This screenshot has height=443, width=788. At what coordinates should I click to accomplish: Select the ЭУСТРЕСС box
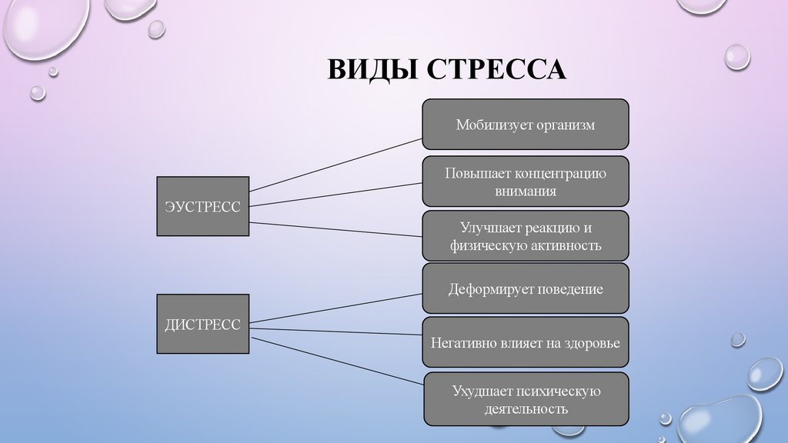click(202, 206)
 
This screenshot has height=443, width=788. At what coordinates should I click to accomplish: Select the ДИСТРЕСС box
click(202, 324)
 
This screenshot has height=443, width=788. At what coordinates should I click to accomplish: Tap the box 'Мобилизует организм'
click(526, 124)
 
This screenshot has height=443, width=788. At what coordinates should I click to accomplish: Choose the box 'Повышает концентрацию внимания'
click(526, 182)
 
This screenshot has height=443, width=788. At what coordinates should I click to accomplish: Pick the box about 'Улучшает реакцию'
click(526, 237)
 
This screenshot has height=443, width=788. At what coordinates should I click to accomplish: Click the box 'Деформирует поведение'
click(526, 289)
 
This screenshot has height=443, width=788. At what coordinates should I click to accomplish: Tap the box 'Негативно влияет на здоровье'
click(526, 342)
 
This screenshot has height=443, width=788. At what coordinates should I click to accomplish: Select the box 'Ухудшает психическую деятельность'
click(526, 399)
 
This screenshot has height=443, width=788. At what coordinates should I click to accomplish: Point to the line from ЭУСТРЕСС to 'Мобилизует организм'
click(336, 164)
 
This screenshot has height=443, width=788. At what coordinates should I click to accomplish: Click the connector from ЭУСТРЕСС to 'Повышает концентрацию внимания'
click(336, 194)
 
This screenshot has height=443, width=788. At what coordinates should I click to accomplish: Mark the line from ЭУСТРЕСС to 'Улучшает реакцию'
click(336, 228)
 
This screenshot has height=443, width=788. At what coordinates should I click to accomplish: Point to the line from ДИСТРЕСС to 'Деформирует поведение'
click(336, 308)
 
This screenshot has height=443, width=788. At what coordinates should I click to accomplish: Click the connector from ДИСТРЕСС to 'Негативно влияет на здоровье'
click(336, 331)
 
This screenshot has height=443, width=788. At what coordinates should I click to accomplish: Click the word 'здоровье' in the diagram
click(590, 343)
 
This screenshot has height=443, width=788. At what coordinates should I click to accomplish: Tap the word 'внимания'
click(526, 192)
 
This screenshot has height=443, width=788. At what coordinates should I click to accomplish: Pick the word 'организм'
click(565, 125)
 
